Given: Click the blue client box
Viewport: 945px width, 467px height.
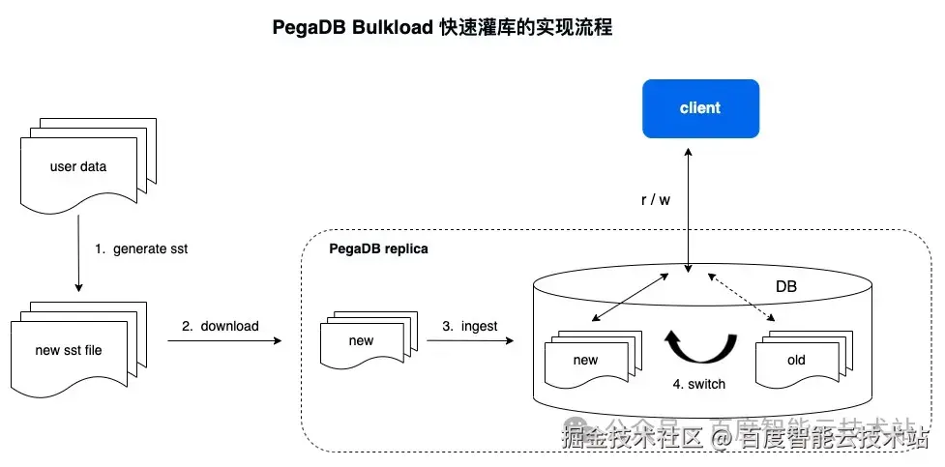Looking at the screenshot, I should click(x=700, y=107).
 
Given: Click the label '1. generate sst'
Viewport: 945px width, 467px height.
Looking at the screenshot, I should click(x=141, y=248).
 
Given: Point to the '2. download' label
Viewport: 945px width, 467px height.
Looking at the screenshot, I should click(x=221, y=326).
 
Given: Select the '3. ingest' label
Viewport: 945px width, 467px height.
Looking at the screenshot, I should click(x=469, y=326).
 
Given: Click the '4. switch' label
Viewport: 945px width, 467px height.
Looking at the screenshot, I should click(x=698, y=383).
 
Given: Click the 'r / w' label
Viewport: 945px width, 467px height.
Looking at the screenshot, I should click(x=655, y=199).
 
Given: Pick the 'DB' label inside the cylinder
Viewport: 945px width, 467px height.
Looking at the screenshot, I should click(x=787, y=286).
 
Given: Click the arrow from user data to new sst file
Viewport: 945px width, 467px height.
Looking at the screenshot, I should click(x=78, y=251).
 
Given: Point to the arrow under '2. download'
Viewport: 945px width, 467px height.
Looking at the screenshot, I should click(x=224, y=341).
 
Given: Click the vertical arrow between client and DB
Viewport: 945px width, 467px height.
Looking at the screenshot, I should click(x=688, y=208).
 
